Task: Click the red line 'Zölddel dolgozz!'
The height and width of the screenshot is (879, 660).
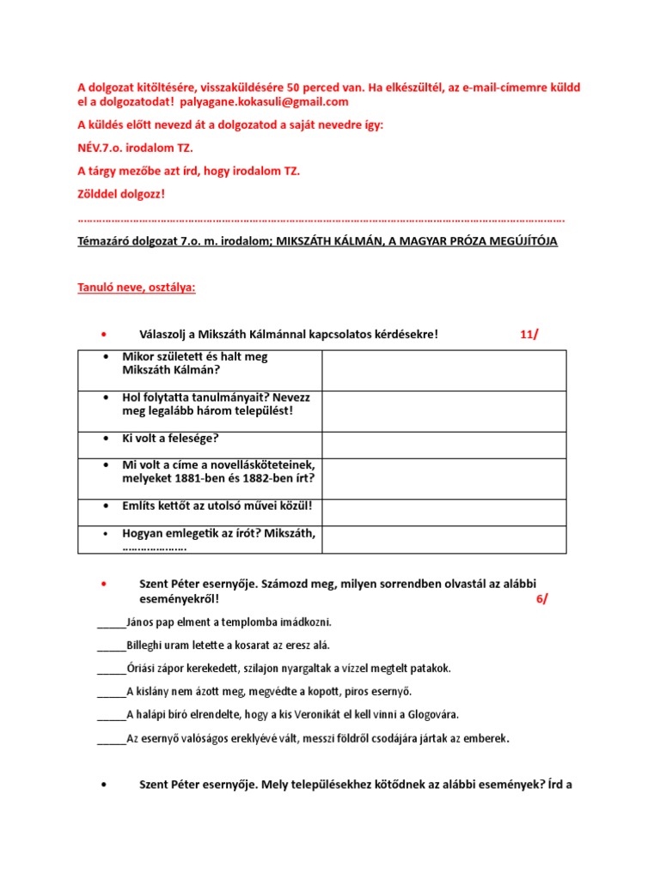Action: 121,194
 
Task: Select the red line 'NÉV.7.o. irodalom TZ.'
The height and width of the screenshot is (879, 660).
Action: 135,148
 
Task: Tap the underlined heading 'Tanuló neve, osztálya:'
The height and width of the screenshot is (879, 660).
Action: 137,288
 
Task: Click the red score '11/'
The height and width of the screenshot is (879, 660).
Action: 529,334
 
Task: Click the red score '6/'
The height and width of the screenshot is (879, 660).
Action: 541,599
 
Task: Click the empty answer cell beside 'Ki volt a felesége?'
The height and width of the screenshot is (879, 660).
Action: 443,445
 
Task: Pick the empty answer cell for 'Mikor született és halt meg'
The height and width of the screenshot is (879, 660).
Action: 443,370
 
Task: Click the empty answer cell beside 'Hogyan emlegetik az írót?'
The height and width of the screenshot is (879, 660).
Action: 443,540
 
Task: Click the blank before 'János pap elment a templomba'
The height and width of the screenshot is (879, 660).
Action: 111,622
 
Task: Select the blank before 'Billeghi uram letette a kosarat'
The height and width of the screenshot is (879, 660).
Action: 111,646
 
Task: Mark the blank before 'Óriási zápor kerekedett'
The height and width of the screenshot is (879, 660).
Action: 111,669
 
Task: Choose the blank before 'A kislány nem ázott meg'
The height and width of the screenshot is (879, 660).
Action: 111,692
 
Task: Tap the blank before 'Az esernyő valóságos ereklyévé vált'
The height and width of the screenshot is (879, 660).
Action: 111,738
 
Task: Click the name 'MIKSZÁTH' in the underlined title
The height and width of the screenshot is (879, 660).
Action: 302,242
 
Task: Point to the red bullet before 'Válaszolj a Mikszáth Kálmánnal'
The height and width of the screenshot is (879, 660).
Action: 102,334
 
